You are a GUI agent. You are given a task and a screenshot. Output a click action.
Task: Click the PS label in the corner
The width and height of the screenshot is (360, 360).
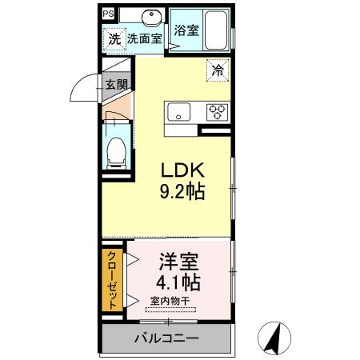click(107, 13)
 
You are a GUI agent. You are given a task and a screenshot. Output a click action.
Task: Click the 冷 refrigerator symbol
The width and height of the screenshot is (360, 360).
click(217, 70)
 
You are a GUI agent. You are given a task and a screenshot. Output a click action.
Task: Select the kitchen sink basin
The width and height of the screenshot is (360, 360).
click(178, 112)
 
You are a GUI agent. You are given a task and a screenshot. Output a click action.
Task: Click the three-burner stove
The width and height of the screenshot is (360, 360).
click(216, 112)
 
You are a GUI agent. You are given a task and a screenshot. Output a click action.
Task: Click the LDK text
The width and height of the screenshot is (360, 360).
click(185, 170)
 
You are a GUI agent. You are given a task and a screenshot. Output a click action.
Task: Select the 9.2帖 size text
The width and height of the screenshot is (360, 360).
click(185, 191)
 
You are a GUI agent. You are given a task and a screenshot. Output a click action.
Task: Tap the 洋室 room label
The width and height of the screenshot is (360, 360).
click(178, 262)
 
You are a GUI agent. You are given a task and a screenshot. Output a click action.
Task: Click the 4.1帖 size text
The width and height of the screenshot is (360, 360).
click(178, 282)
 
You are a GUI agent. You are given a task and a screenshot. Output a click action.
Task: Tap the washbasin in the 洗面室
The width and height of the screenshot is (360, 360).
click(147, 18)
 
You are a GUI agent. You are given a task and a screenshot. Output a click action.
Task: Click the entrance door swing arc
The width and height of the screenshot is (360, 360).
click(82, 86)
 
